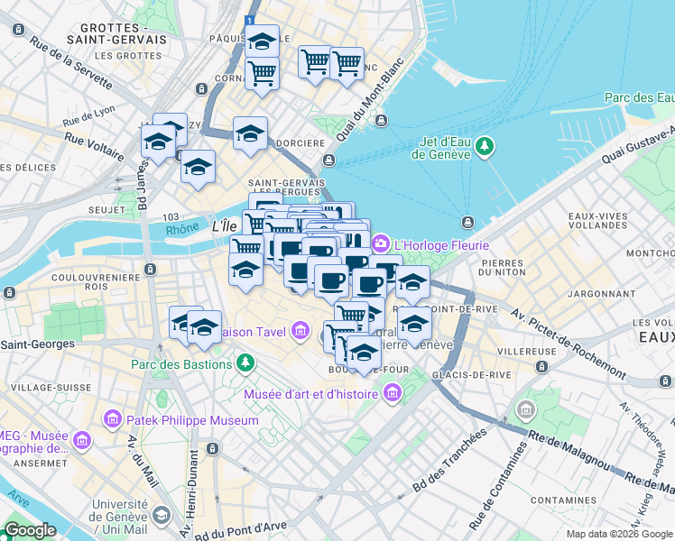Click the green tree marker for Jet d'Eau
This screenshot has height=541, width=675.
(485, 145)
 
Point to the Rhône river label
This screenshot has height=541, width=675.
(183, 230)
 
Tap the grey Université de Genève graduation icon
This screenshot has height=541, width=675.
(162, 515)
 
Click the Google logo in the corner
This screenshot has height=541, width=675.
(31, 530)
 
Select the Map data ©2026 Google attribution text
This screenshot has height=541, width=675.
(619, 534)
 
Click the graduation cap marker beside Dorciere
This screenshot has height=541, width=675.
(250, 135)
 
